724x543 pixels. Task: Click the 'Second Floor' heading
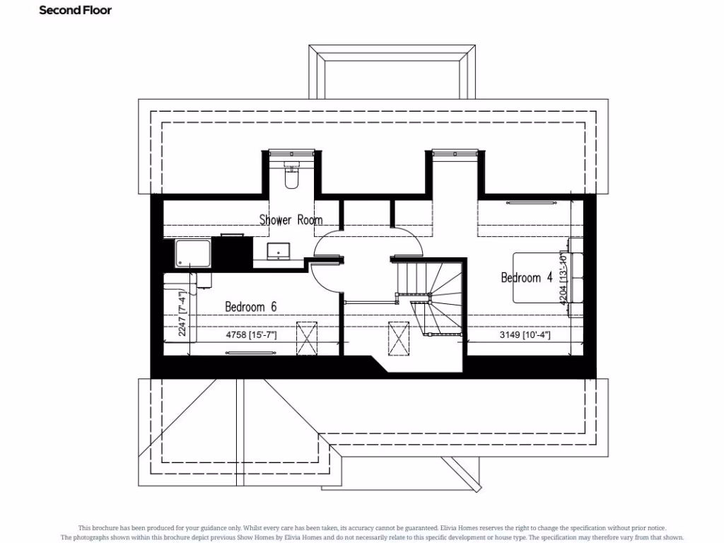(75, 11)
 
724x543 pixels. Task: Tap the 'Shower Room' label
(291, 220)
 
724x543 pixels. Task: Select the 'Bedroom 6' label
(250, 306)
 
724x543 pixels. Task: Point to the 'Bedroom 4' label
(527, 278)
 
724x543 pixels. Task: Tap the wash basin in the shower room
(278, 250)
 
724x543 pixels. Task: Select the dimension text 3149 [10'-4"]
(525, 334)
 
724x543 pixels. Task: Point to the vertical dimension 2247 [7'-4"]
(182, 313)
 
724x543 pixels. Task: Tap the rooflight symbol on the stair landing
(399, 339)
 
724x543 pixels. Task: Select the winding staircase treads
(438, 297)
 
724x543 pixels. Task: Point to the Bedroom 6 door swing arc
(324, 279)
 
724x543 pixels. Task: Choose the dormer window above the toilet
(291, 151)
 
